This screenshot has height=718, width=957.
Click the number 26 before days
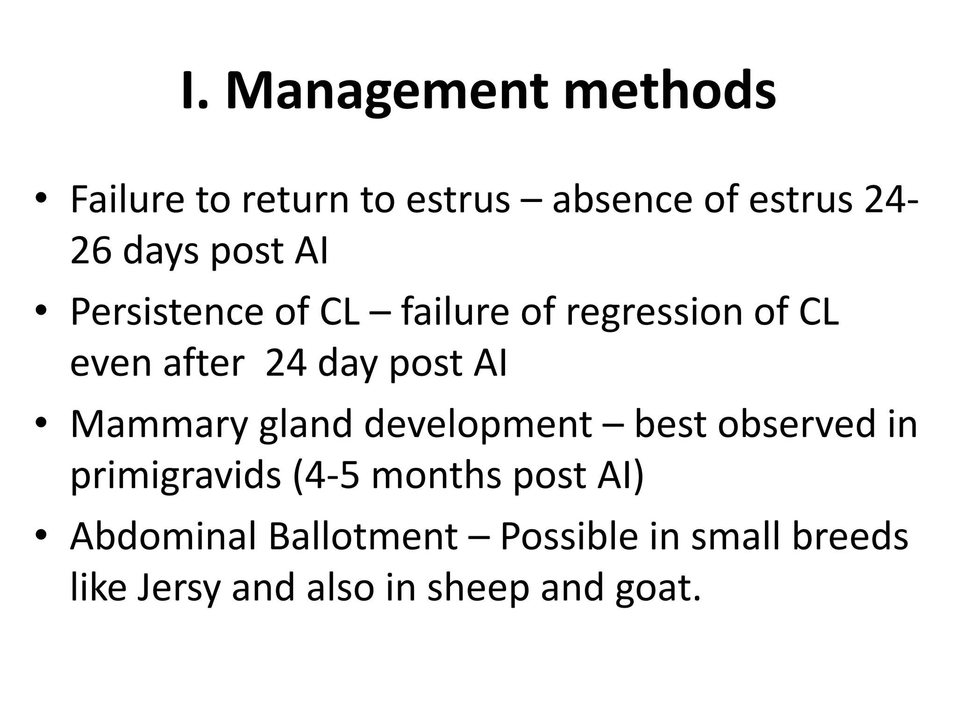(91, 251)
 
